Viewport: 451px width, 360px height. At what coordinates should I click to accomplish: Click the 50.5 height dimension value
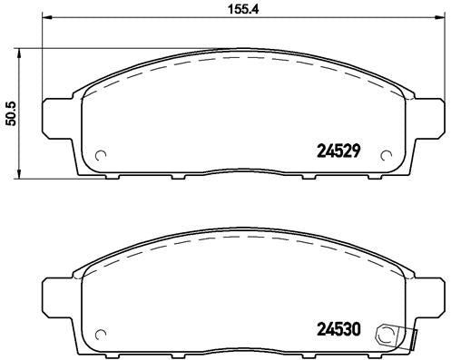(12, 112)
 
